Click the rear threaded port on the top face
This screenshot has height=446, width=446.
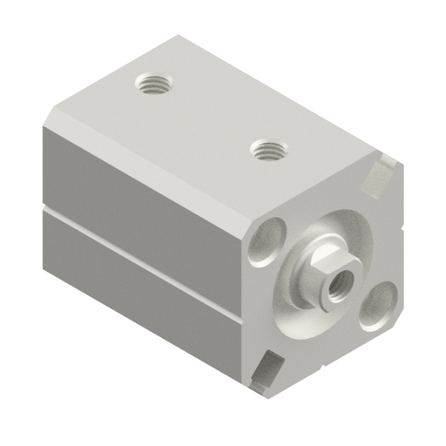pos(155,85)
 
